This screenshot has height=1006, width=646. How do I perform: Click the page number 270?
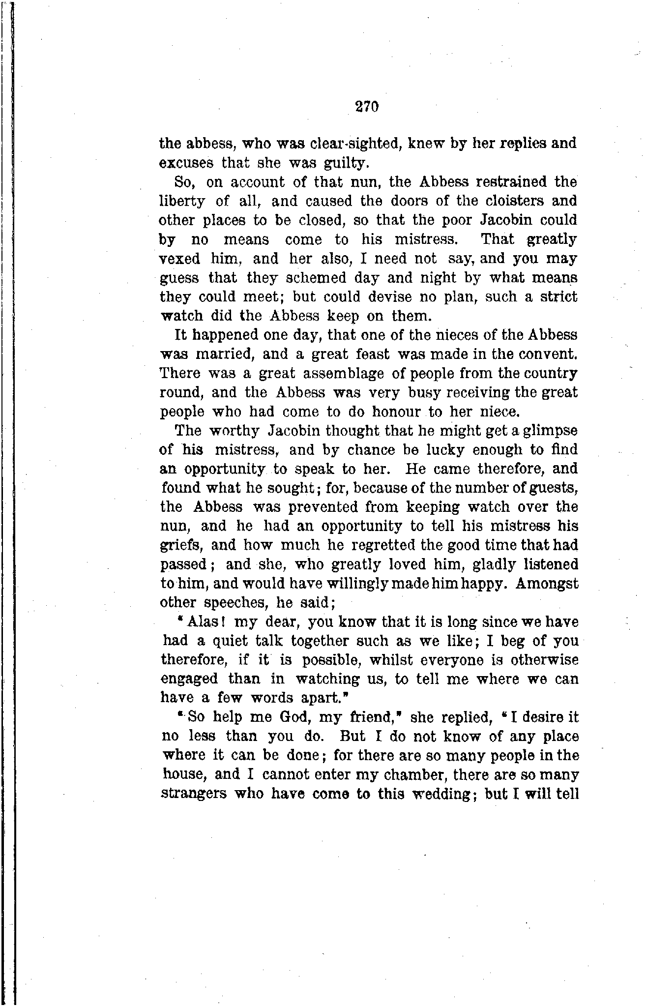(367, 107)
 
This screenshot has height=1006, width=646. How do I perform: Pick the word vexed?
(180, 259)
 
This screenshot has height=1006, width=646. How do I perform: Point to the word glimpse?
(550, 431)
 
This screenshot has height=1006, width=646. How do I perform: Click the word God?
(294, 717)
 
